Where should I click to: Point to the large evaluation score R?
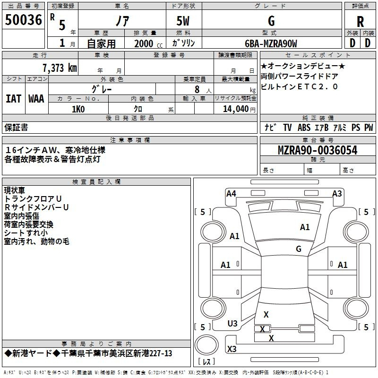click(360, 22)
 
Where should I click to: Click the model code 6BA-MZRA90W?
click(271, 43)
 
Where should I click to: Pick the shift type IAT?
click(13, 98)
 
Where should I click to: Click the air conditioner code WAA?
click(36, 98)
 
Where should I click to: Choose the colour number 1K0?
click(78, 109)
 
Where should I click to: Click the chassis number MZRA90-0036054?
click(317, 151)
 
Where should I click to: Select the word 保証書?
click(16, 127)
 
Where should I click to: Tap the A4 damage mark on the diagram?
click(231, 193)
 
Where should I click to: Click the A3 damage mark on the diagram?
click(337, 193)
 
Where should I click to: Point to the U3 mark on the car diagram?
click(232, 324)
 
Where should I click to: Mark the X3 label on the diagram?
click(232, 349)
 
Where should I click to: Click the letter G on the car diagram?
click(298, 249)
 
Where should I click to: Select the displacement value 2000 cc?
click(147, 43)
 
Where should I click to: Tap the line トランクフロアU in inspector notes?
click(33, 199)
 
